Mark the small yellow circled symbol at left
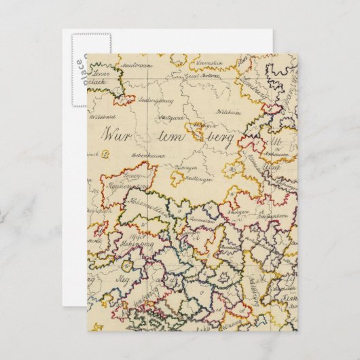coord(107,154)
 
